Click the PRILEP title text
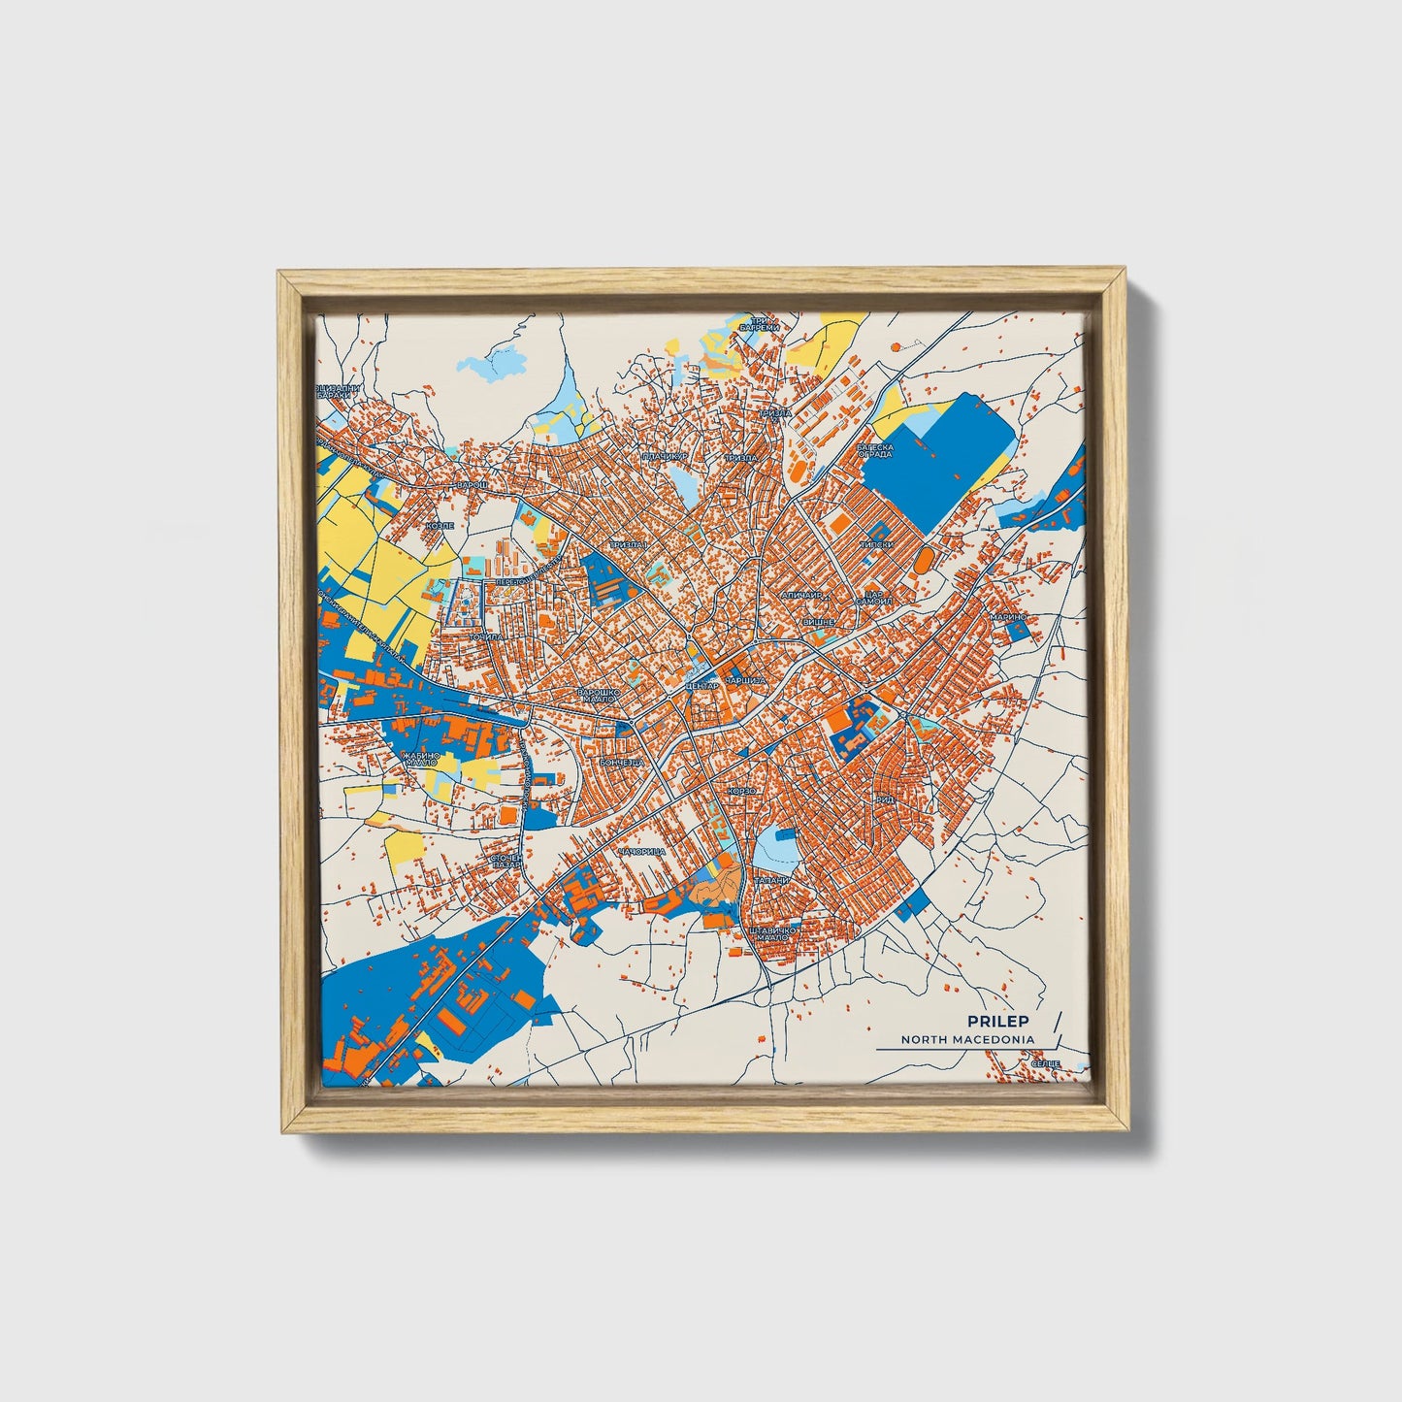tap(998, 1021)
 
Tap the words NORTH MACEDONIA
tap(966, 1039)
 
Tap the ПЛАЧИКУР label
tap(664, 455)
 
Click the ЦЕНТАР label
tap(701, 686)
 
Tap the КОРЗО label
tap(742, 791)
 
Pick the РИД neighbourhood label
tap(884, 799)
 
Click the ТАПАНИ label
tap(772, 880)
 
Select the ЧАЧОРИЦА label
tap(640, 851)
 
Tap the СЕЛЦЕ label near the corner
tap(1045, 1064)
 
